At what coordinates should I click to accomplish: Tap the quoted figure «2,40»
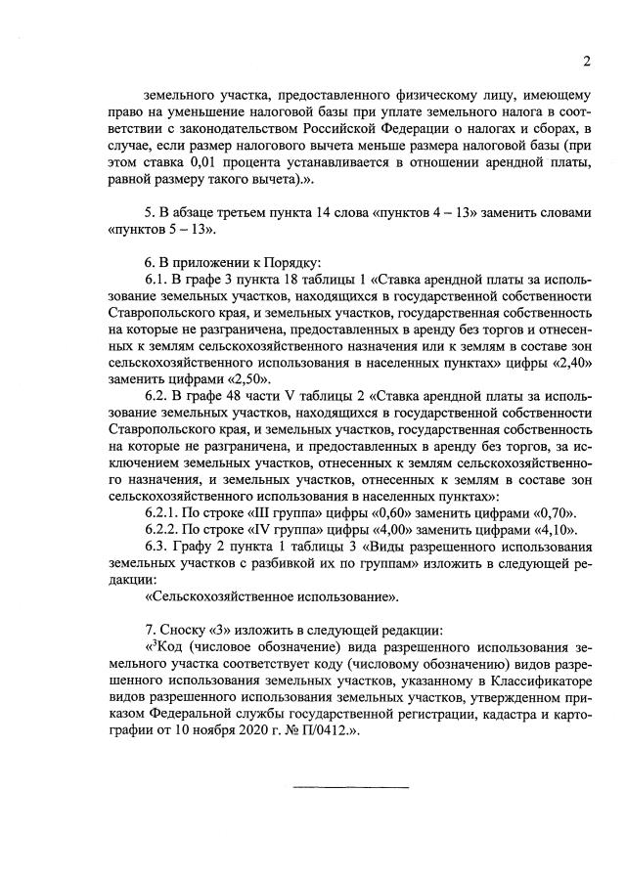click(x=573, y=363)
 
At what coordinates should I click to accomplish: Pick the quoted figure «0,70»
click(x=555, y=512)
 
